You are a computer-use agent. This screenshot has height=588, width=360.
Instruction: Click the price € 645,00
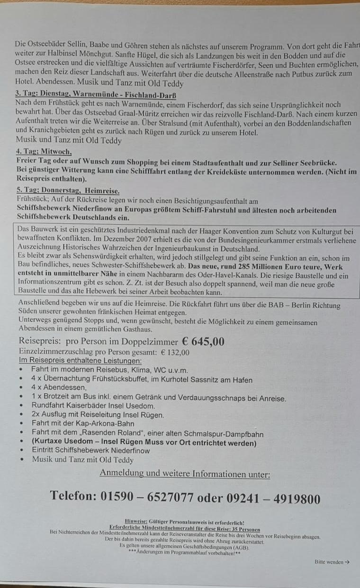click(196, 342)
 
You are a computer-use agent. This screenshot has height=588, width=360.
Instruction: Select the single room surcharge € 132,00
click(175, 352)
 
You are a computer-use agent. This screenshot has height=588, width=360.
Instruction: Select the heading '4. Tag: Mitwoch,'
click(44, 152)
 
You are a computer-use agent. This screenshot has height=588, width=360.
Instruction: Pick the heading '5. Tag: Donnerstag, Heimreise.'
click(67, 190)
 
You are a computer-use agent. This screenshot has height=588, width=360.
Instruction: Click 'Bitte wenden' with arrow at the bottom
click(332, 562)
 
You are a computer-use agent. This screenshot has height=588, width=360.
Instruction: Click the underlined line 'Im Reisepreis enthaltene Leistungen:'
click(80, 361)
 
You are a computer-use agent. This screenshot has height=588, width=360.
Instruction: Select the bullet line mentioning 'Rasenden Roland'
click(147, 434)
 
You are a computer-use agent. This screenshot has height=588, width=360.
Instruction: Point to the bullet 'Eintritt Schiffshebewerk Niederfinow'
click(90, 451)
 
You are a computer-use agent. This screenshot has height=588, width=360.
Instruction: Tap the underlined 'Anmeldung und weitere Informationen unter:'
click(185, 474)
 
